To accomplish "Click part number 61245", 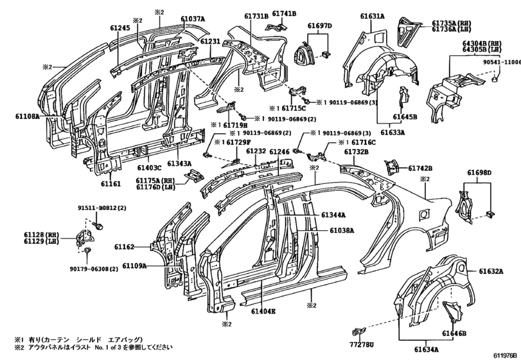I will point(119,28).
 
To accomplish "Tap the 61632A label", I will point(491,271).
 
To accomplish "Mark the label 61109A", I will point(135,265).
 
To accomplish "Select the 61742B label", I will point(420,168).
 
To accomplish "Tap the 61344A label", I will point(334,215).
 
